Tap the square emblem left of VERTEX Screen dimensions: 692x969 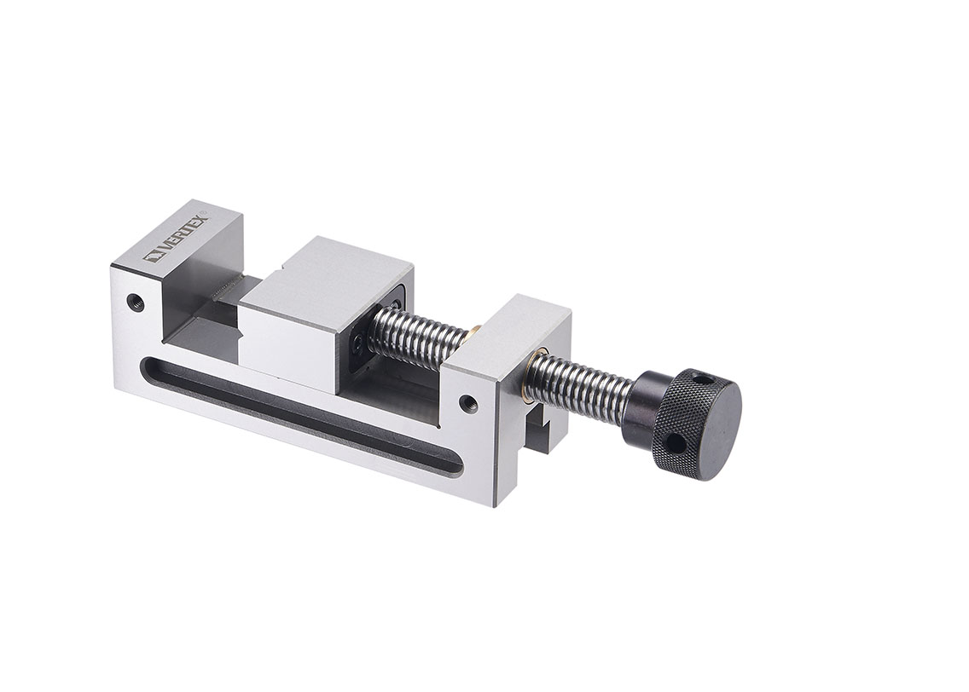point(156,255)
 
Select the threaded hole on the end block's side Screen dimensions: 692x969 point(467,402)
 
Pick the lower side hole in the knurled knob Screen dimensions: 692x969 point(673,444)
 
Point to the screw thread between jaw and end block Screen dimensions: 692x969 point(418,337)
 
